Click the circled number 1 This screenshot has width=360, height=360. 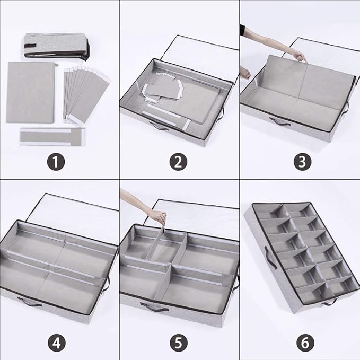click(x=56, y=162)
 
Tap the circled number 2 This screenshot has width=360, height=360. click(x=178, y=162)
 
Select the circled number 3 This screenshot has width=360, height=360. click(x=302, y=162)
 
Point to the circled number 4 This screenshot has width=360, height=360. click(x=57, y=343)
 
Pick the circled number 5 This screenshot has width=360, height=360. click(x=179, y=343)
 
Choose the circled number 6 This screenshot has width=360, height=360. click(x=305, y=343)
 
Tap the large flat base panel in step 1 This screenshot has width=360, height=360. click(x=30, y=92)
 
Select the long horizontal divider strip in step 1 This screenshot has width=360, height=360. click(x=52, y=136)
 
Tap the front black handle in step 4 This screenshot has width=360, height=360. click(x=30, y=302)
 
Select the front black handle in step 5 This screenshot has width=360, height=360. click(x=154, y=307)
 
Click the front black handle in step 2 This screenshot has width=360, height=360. click(x=157, y=126)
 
